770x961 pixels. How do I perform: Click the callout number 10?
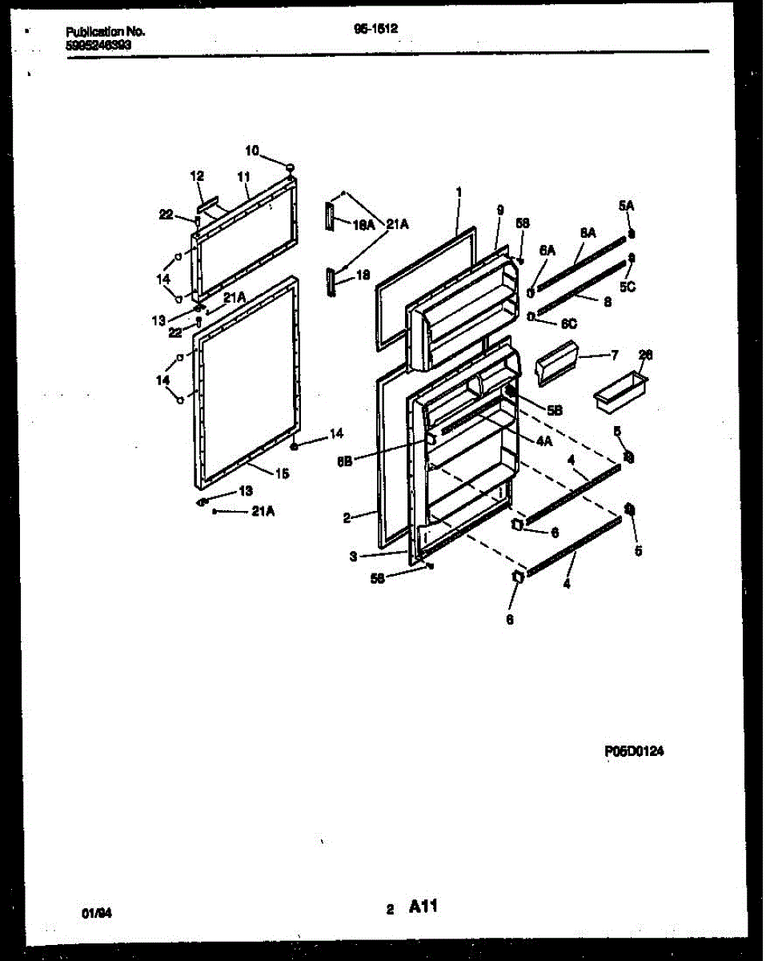252,151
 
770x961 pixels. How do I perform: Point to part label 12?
197,175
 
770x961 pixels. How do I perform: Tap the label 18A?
363,227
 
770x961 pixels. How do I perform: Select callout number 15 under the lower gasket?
282,473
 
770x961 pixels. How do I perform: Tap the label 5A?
626,206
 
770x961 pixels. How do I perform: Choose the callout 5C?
628,287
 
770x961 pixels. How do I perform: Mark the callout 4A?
544,440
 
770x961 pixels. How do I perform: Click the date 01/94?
94,912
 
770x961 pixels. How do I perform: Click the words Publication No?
105,31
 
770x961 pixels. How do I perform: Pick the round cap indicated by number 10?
290,167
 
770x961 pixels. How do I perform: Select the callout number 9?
499,211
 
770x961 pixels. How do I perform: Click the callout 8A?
588,232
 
